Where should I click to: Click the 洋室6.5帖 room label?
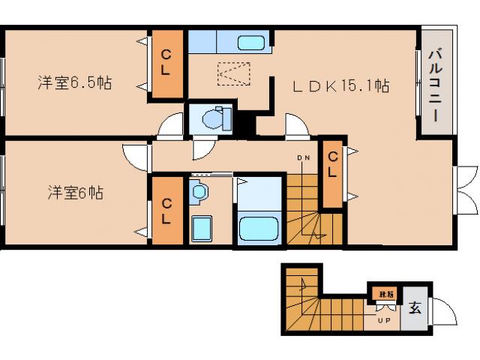[74, 82]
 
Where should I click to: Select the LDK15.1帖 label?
[340, 86]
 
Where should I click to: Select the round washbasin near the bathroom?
[199, 192]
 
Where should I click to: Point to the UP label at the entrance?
[384, 322]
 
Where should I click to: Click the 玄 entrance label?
[415, 308]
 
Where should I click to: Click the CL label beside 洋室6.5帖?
[167, 63]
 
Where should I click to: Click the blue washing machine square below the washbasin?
[201, 228]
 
